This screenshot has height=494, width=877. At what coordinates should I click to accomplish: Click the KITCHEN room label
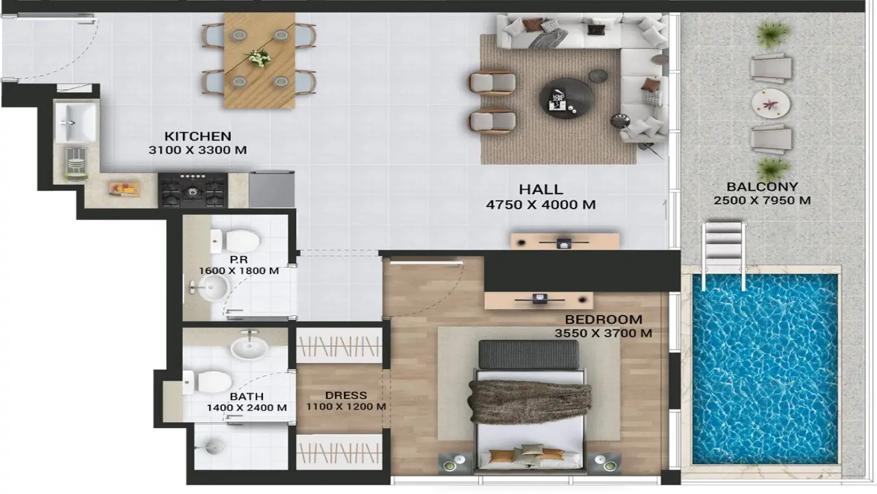197,136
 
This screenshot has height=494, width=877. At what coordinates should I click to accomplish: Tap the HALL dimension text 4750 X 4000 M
541,204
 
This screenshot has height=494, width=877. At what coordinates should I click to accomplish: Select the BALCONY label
762,187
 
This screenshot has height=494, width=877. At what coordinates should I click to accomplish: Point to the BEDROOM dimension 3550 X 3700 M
603,333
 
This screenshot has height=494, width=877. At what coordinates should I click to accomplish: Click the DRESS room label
346,395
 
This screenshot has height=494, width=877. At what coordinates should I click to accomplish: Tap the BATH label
247,397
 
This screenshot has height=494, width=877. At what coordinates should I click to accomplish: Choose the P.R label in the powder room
238,259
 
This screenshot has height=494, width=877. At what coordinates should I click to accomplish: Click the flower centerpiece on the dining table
258,58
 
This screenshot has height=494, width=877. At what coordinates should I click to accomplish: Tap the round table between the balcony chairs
771,104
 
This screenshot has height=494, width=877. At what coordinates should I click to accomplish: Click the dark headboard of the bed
528,354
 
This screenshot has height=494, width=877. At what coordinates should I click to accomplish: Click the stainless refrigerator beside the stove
271,189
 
